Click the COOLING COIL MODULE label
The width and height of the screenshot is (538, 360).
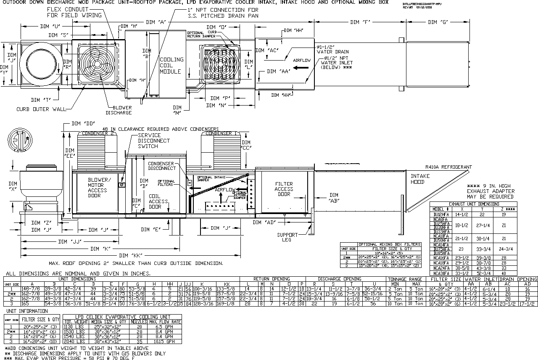pyautogui.click(x=171, y=66)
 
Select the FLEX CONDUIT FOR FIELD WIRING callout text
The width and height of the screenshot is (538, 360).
pyautogui.click(x=74, y=12)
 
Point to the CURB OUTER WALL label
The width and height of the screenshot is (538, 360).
pyautogui.click(x=41, y=109)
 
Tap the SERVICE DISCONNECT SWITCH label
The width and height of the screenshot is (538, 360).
pyautogui.click(x=154, y=141)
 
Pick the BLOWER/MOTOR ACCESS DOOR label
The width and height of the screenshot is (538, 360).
pyautogui.click(x=98, y=188)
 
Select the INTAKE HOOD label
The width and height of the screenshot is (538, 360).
pyautogui.click(x=420, y=179)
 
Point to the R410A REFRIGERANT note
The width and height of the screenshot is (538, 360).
pyautogui.click(x=448, y=167)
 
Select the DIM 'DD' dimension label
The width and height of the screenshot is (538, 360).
pyautogui.click(x=82, y=124)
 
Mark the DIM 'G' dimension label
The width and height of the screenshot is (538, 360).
pyautogui.click(x=438, y=22)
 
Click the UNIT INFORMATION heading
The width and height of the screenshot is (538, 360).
pyautogui.click(x=26, y=311)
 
